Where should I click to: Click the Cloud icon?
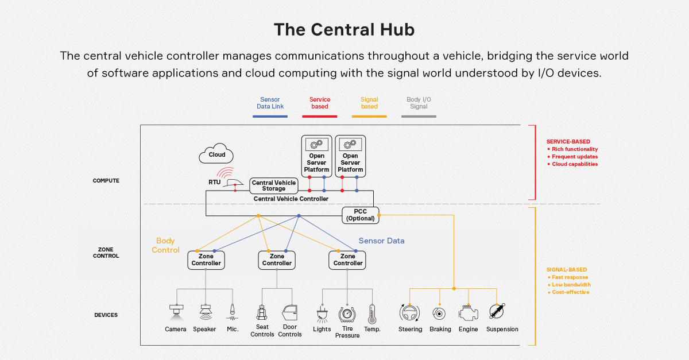[216, 154]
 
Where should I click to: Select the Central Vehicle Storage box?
[274, 185]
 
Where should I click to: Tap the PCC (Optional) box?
[360, 215]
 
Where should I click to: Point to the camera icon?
[176, 312]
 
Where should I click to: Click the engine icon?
[469, 313]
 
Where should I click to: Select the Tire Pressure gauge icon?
[347, 314]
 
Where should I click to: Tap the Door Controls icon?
[290, 313]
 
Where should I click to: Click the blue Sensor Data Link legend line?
[270, 116]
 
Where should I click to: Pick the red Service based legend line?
[320, 116]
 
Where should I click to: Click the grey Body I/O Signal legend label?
[419, 103]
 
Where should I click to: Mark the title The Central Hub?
[344, 29]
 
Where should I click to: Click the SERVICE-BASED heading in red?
[568, 141]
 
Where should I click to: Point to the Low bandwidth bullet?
[570, 285]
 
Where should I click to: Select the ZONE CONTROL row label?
[106, 253]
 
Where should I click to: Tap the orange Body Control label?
[165, 245]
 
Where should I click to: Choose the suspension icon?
[497, 312]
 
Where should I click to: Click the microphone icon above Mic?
[233, 312]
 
